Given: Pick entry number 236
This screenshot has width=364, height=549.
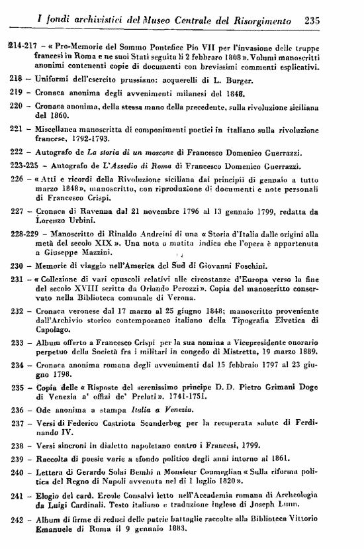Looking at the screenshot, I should [15, 411].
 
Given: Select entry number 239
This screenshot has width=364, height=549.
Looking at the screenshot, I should [15, 458].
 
